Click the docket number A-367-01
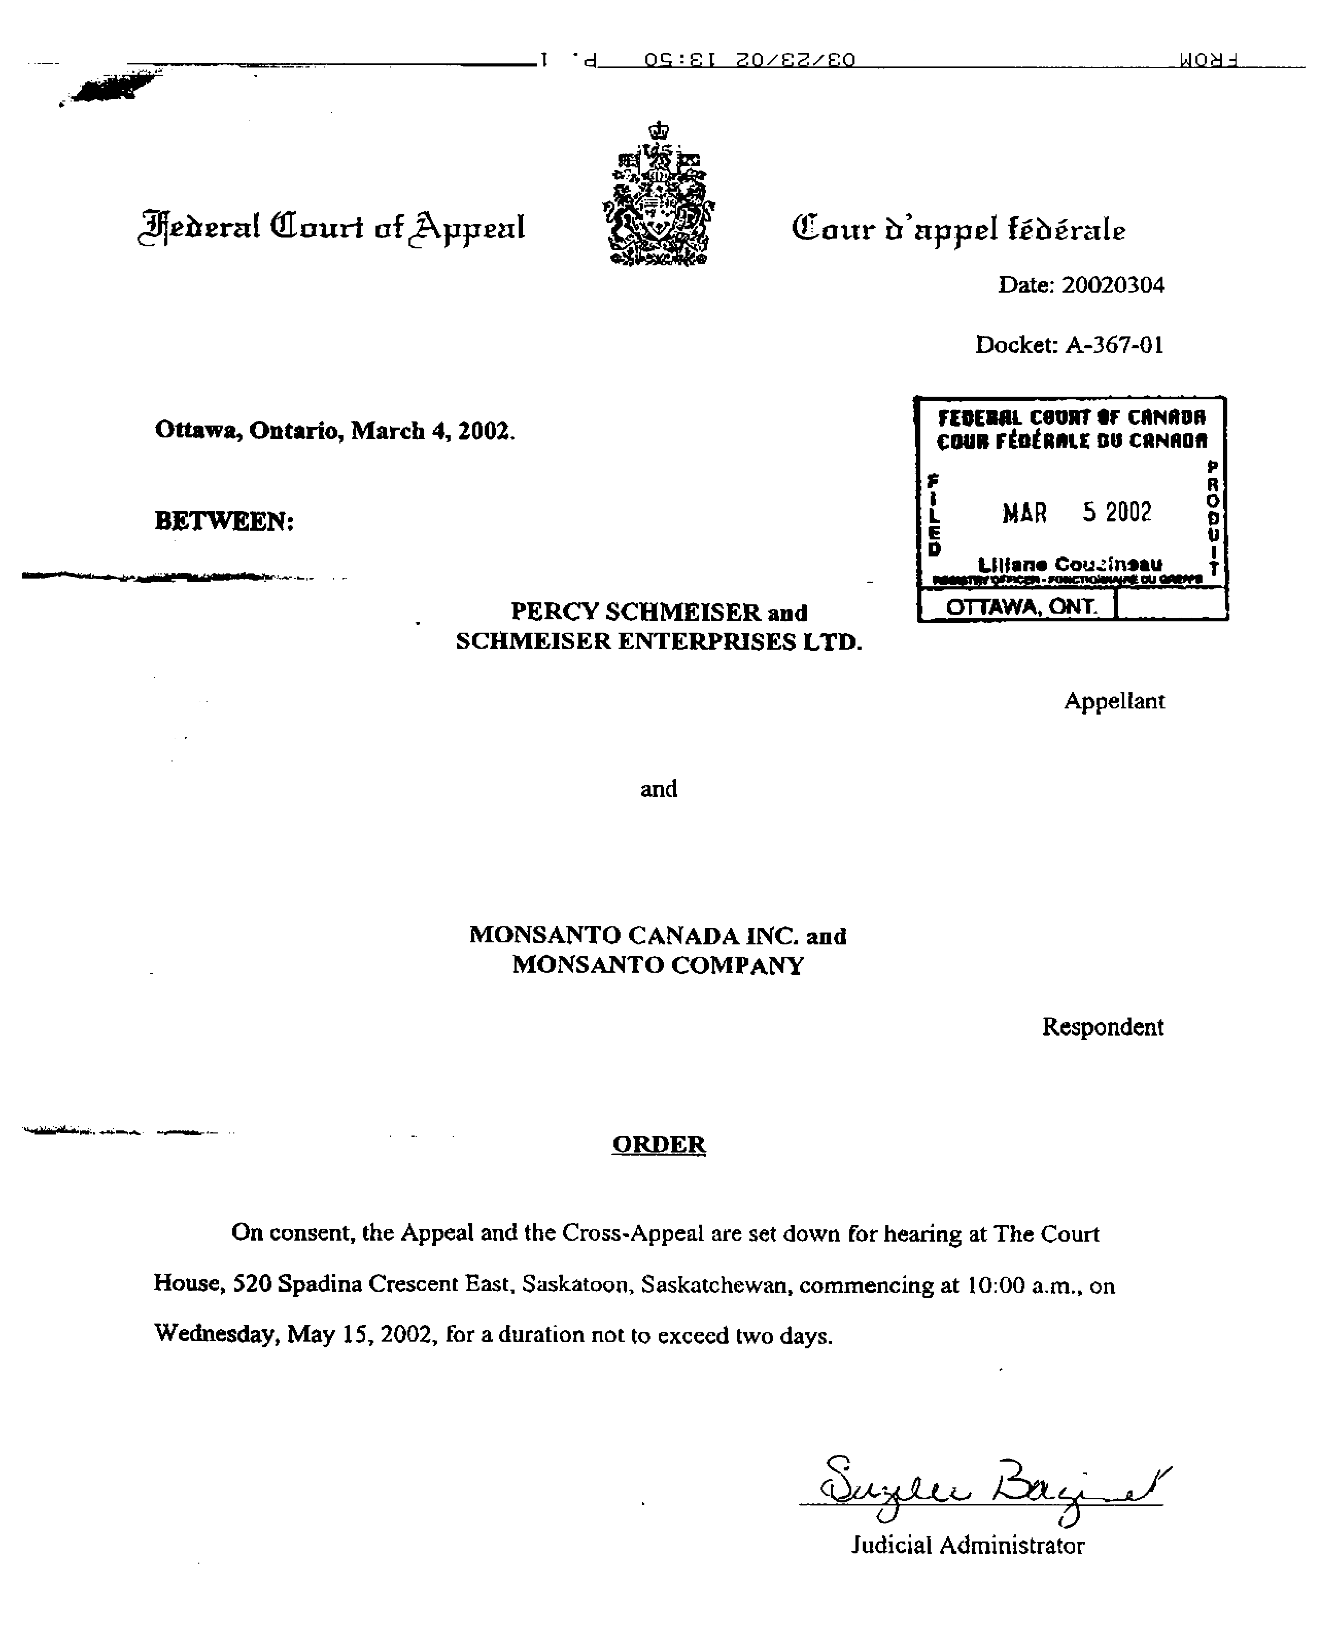(1114, 345)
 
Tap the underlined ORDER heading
(659, 1144)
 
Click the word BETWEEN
(224, 521)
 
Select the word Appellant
(1114, 701)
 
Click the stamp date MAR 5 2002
(1076, 512)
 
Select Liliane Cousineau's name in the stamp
(1070, 564)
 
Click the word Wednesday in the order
(214, 1334)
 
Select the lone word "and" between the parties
(659, 789)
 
